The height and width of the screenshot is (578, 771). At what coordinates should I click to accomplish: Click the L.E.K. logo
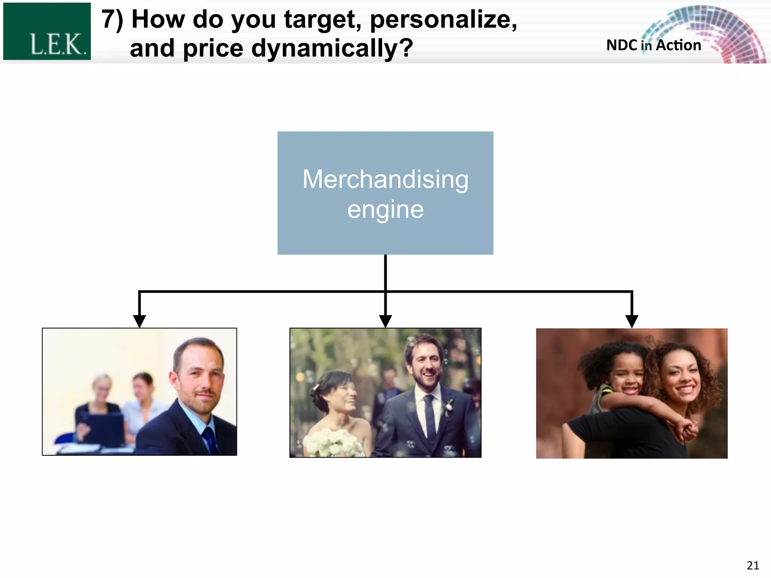pyautogui.click(x=47, y=32)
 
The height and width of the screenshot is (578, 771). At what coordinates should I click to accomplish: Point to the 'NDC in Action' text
pyautogui.click(x=654, y=46)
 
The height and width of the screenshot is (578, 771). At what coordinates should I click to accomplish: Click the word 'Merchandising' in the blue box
pyautogui.click(x=385, y=179)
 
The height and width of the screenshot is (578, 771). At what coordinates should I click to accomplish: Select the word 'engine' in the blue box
pyautogui.click(x=385, y=210)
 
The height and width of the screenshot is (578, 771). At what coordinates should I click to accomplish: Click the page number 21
pyautogui.click(x=753, y=566)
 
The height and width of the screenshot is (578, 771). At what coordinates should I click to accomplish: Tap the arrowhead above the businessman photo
pyautogui.click(x=140, y=321)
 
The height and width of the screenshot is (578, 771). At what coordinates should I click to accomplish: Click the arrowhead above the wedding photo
pyautogui.click(x=385, y=321)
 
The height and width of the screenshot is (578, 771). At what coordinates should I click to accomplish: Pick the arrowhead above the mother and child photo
pyautogui.click(x=632, y=321)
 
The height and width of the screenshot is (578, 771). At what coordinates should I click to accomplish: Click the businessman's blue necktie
pyautogui.click(x=209, y=440)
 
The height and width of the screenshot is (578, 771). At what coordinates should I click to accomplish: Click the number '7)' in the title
pyautogui.click(x=113, y=20)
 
